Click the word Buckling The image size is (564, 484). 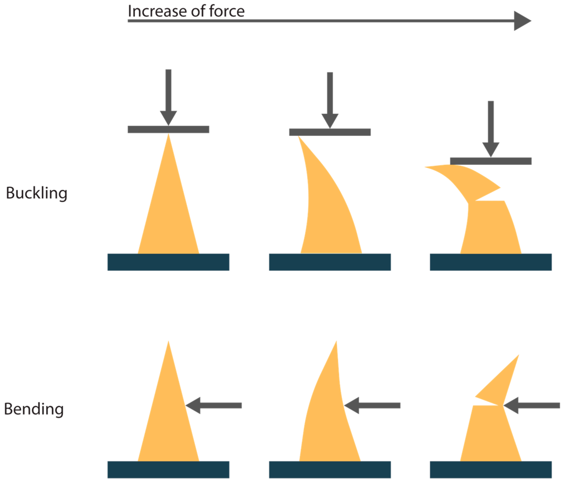click(x=37, y=193)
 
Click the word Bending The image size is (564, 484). click(x=34, y=409)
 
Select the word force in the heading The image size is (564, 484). click(x=227, y=12)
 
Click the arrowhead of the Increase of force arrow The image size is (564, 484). click(x=521, y=21)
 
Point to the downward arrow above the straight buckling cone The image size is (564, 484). click(x=168, y=95)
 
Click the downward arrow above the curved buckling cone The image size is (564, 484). click(x=330, y=98)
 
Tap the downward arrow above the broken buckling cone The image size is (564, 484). click(x=491, y=127)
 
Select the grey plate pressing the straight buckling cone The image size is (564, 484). click(x=168, y=129)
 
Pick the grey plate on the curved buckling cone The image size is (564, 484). click(x=330, y=132)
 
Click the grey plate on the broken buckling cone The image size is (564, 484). click(x=491, y=161)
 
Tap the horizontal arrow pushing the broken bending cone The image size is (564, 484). click(x=532, y=406)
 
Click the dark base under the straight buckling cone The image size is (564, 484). click(x=168, y=262)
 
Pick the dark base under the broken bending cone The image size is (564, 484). click(x=491, y=469)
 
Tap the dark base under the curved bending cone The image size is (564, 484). click(x=330, y=469)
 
